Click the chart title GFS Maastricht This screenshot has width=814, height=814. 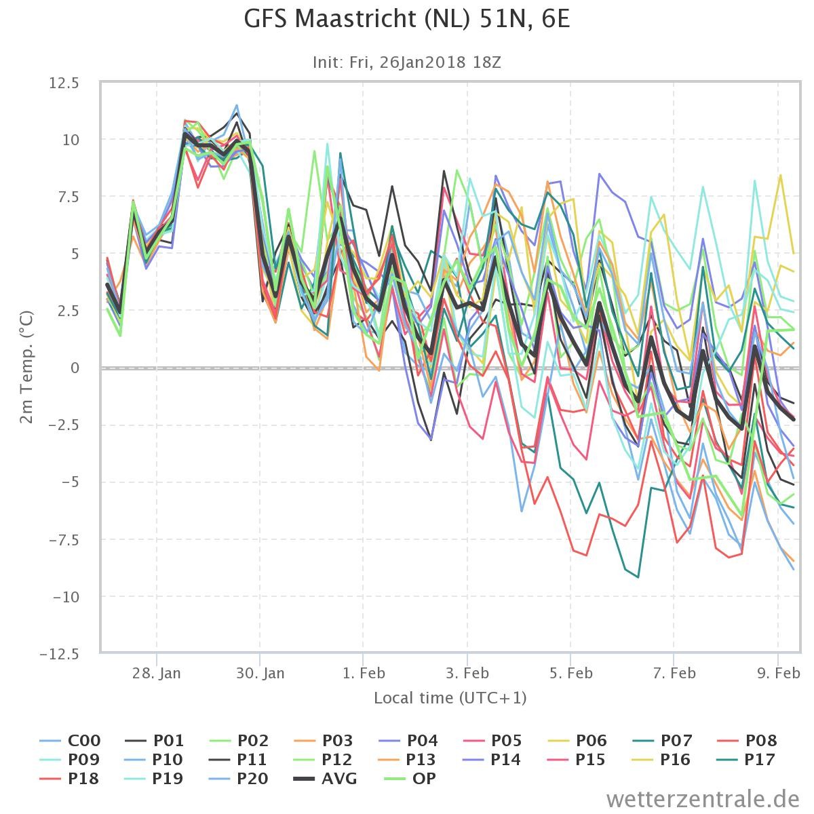407,20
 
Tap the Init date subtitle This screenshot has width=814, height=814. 407,62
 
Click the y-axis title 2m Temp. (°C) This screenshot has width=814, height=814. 26,367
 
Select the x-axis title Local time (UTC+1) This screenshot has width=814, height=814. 450,697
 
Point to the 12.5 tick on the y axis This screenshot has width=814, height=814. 64,83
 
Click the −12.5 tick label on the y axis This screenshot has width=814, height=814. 60,655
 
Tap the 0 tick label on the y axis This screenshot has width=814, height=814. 75,368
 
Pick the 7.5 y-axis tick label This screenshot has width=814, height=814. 68,197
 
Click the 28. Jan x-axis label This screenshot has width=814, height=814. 156,673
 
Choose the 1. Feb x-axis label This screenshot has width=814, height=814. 364,673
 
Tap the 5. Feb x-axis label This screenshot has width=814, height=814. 570,673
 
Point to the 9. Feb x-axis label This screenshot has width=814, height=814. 779,673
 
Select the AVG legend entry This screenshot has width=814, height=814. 326,778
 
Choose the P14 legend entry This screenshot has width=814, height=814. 492,759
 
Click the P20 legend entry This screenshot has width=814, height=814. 239,778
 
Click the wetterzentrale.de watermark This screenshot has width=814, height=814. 703,799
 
